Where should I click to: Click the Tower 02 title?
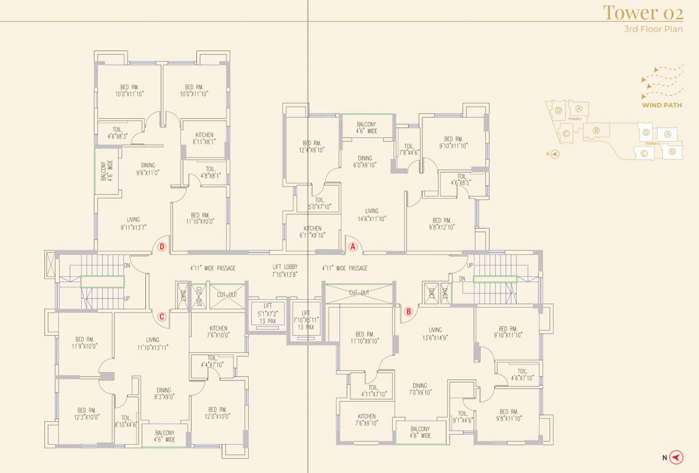click(x=642, y=12)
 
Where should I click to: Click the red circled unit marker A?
click(x=353, y=246)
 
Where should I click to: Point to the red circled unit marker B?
click(x=408, y=312)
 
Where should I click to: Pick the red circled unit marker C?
click(x=162, y=317)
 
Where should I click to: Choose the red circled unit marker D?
click(x=162, y=247)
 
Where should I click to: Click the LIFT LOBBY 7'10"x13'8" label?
click(x=285, y=271)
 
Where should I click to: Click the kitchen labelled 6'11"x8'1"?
click(x=204, y=139)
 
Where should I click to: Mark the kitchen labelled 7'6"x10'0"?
click(x=218, y=332)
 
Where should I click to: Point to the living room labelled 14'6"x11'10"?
click(x=371, y=215)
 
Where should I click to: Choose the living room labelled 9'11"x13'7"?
click(x=133, y=224)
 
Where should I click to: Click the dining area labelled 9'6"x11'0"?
click(x=148, y=169)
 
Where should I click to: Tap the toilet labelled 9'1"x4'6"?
click(x=463, y=418)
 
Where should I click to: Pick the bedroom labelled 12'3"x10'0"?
click(x=86, y=414)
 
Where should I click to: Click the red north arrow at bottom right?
click(x=676, y=457)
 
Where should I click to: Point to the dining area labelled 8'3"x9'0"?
click(x=163, y=394)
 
